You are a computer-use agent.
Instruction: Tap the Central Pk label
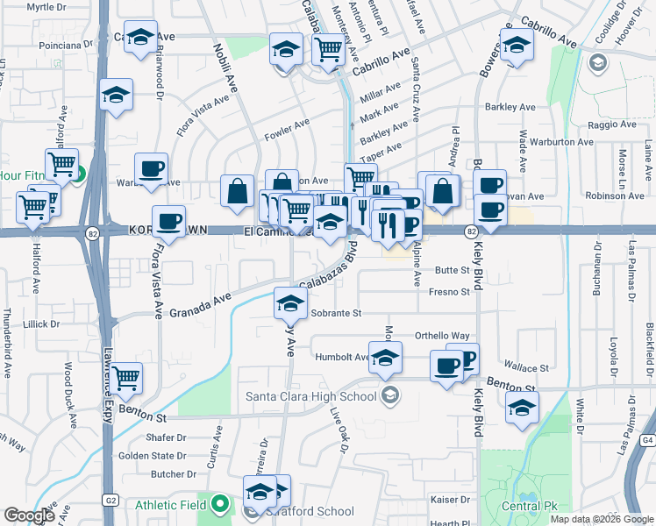click(x=526, y=506)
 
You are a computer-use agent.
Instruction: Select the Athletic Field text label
click(x=171, y=505)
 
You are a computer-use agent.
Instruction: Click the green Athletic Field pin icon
click(x=223, y=505)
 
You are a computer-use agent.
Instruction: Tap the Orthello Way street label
click(x=442, y=336)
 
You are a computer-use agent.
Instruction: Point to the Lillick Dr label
click(x=42, y=324)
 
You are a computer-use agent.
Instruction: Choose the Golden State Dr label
click(x=152, y=456)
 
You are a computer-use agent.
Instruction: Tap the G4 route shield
click(x=647, y=439)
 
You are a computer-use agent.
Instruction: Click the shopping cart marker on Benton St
click(x=128, y=378)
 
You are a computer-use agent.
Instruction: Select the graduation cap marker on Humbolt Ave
click(x=386, y=358)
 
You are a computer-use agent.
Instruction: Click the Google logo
click(x=30, y=515)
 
